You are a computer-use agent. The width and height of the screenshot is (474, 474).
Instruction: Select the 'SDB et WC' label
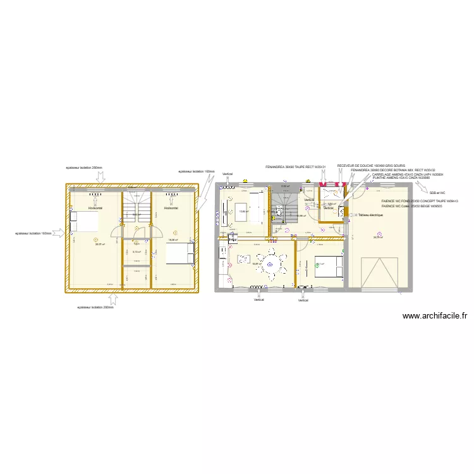tap(437, 193)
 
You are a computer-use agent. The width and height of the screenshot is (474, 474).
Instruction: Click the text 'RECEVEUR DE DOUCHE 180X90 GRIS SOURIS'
tap(371, 166)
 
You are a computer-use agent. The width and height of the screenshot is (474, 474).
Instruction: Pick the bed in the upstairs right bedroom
tap(179, 253)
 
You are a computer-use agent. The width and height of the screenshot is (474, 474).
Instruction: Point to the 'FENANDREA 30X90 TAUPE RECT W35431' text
tap(295, 167)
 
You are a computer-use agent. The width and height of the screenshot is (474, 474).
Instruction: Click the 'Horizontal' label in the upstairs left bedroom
tap(95, 207)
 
